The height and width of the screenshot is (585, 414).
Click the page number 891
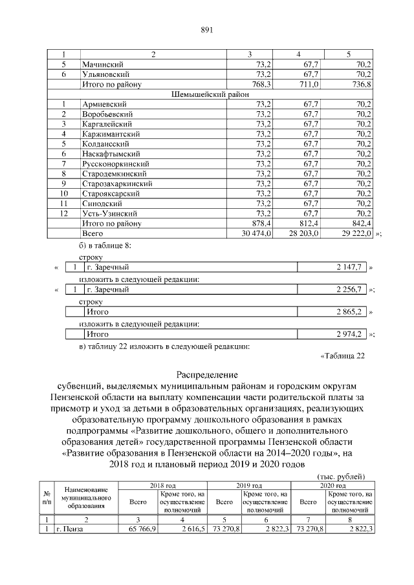[207, 30]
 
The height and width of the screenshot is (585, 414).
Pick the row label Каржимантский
[108, 134]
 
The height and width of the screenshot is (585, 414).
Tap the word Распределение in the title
[207, 375]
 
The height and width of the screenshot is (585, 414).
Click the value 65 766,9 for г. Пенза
[138, 530]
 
